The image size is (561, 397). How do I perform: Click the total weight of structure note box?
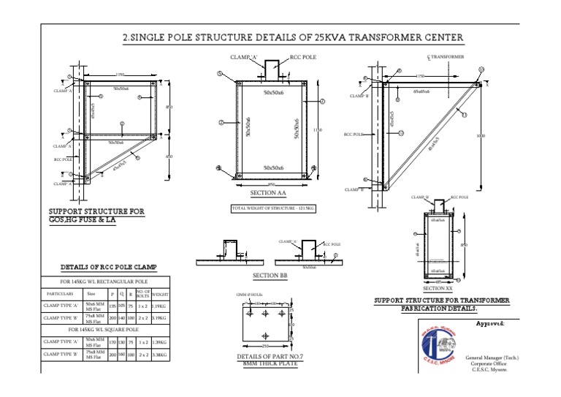(x=272, y=209)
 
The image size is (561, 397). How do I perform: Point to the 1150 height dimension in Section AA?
(x=317, y=130)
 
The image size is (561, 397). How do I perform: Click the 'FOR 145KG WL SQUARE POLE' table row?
(x=105, y=330)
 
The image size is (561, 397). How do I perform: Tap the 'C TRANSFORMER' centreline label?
(x=445, y=56)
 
